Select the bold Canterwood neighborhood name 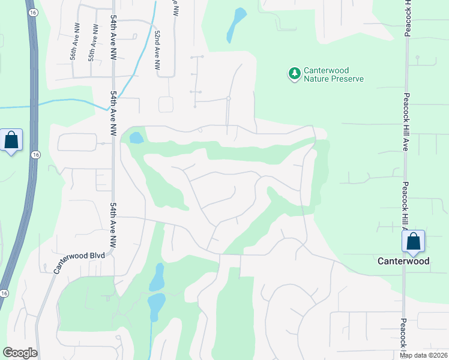tap(403, 261)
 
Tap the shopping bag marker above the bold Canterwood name tap(414, 242)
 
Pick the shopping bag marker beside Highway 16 tap(11, 141)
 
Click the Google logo tap(20, 353)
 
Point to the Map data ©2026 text tap(424, 355)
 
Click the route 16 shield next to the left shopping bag tap(37, 155)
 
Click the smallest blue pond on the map tap(137, 137)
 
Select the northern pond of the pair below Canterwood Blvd tap(157, 277)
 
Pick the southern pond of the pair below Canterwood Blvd tap(157, 305)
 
